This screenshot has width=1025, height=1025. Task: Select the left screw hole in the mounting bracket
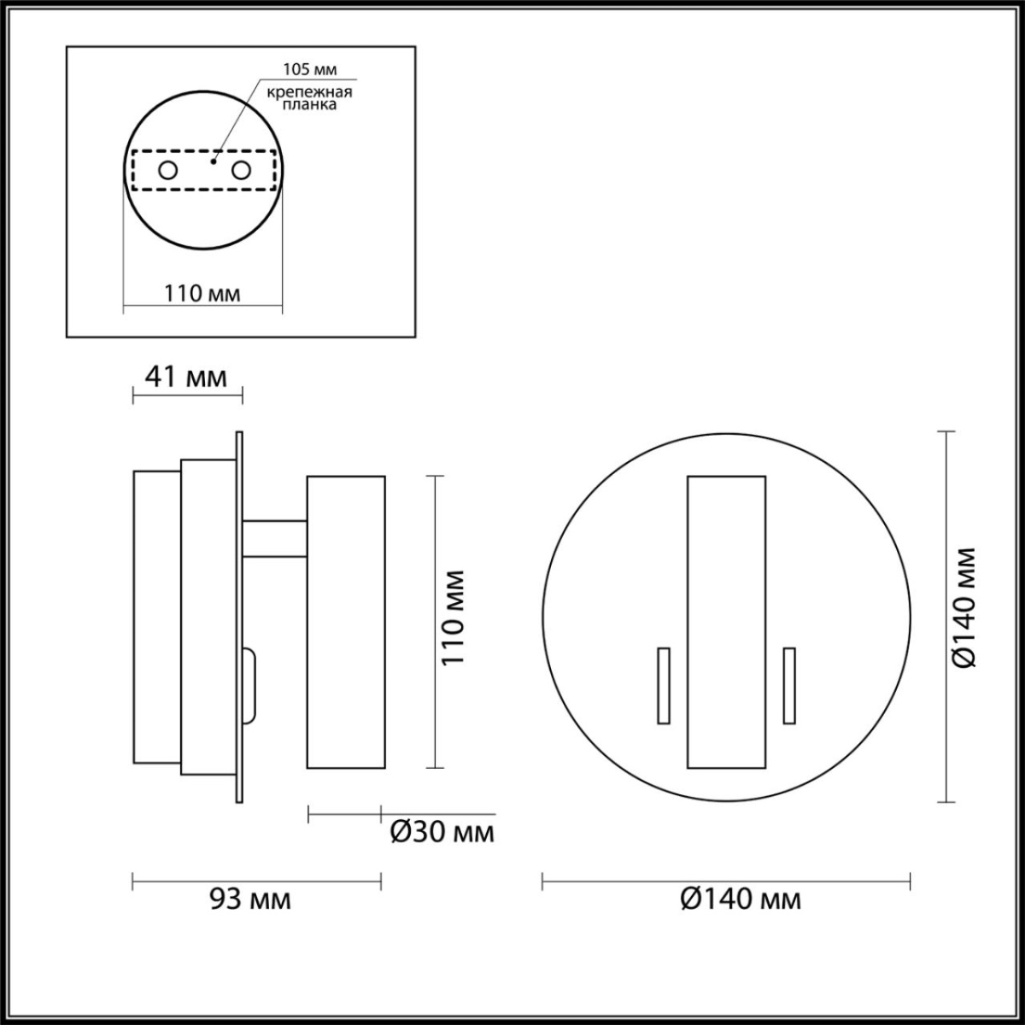[168, 170]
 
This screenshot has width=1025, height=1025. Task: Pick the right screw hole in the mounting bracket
[242, 170]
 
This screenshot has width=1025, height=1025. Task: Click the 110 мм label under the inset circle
[202, 293]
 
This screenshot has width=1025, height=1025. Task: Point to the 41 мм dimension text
[186, 376]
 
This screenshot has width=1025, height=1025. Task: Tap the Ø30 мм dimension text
[441, 831]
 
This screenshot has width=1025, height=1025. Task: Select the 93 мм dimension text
[249, 899]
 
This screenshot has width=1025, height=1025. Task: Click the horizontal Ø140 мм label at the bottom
[741, 899]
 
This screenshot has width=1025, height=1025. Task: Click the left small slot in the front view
[663, 685]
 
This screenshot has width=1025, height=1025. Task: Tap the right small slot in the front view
[789, 685]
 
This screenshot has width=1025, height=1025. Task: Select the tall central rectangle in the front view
[726, 621]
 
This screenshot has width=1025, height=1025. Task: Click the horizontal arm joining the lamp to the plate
[275, 539]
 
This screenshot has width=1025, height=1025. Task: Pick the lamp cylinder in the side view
[346, 621]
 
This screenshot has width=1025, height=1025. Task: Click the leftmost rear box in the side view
[156, 617]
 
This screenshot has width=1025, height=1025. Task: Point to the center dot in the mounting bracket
[214, 160]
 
